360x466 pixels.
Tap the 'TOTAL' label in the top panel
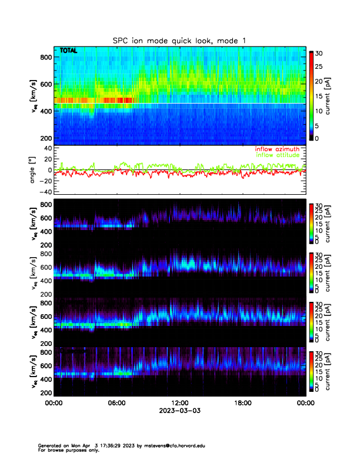69,51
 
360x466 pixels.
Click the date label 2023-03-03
179,411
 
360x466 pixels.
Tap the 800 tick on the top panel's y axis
45,56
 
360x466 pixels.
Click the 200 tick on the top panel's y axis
45,138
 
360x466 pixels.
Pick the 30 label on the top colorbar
318,53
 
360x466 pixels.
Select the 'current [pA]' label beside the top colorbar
336,96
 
